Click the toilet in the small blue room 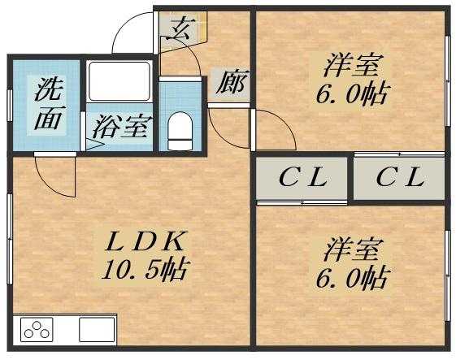pos(179,131)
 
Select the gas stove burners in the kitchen pos(37,330)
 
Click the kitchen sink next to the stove pos(96,330)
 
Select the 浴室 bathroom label pos(119,127)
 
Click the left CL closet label pos(302,178)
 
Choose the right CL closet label pos(399,178)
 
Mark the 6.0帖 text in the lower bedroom pos(351,279)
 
